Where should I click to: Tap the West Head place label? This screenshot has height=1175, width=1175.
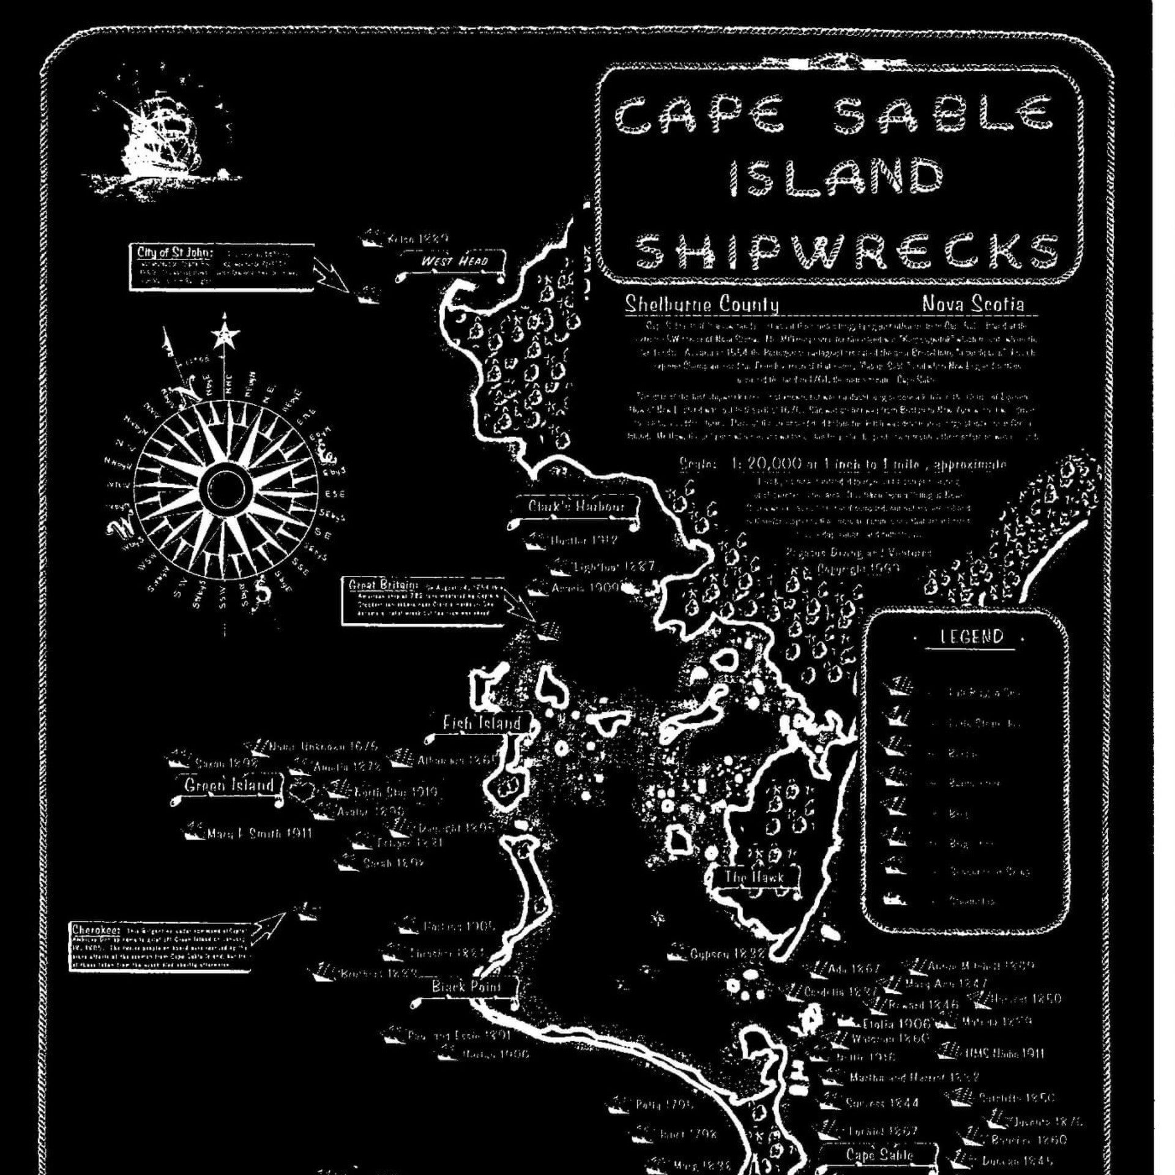453,262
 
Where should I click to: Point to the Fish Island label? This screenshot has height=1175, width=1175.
482,723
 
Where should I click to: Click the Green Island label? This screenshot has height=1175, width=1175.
229,785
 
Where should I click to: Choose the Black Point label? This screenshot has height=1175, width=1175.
466,987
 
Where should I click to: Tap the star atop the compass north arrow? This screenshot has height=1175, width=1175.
226,334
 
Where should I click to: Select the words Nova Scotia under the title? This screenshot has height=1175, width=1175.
972,304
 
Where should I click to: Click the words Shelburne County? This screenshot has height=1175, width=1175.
701,304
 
